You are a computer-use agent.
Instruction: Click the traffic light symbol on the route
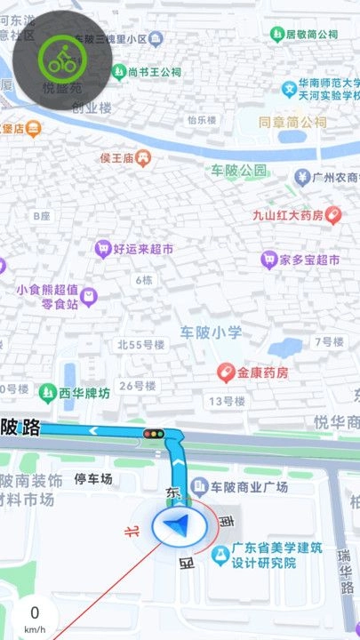155,433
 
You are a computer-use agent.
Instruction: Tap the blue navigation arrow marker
181,526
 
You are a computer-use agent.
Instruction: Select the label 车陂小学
211,332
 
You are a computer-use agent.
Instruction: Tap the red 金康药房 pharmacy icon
227,372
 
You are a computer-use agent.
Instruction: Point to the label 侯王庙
116,158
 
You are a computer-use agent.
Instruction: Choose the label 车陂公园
238,169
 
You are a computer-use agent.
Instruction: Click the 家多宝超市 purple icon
268,260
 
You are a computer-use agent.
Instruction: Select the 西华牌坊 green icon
46,391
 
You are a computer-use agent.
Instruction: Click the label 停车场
93,479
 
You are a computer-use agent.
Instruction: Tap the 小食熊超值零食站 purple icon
87,295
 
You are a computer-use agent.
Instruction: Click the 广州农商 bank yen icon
302,177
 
